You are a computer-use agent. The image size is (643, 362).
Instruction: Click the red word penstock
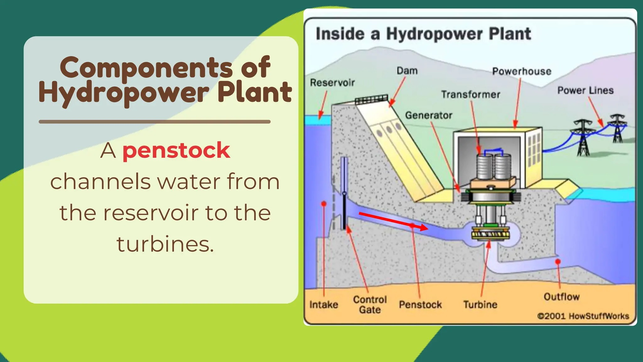[x=176, y=151]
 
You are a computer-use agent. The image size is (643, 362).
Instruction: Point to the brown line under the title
[x=154, y=122]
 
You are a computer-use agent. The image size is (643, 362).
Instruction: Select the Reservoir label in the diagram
[x=332, y=83]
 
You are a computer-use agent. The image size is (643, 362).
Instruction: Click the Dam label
[x=407, y=71]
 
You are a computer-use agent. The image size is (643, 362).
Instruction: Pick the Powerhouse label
[x=521, y=71]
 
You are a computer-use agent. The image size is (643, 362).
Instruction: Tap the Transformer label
[x=470, y=94]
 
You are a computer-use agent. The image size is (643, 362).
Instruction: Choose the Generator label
[x=429, y=115]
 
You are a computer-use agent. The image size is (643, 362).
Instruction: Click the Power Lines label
[x=585, y=90]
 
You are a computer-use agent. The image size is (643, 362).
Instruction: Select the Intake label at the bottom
[x=323, y=304]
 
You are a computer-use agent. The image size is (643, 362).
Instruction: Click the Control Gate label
[x=370, y=304]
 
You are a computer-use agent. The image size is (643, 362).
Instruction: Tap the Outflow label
[x=561, y=297]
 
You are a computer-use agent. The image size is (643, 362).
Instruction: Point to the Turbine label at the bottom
[x=480, y=304]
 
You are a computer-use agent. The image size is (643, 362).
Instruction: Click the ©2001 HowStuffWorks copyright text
[x=583, y=316]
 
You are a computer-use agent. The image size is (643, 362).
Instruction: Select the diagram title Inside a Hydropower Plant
[x=423, y=34]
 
